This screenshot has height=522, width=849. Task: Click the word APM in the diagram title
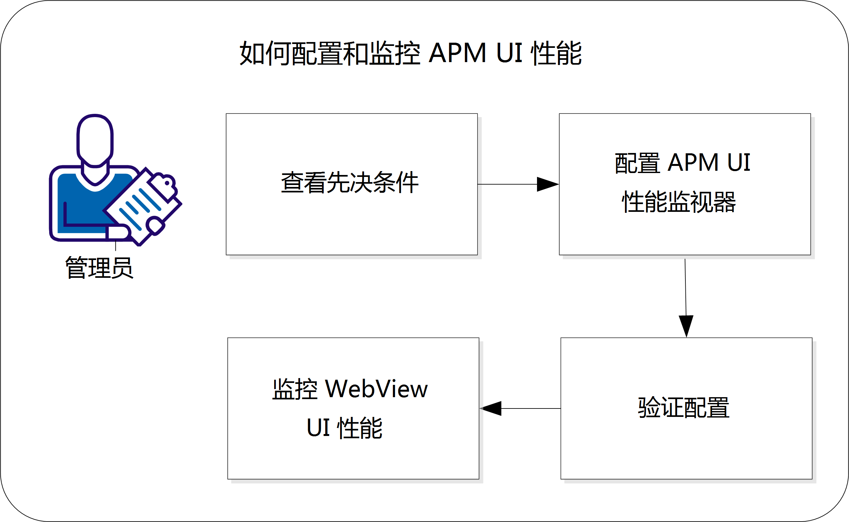tap(457, 53)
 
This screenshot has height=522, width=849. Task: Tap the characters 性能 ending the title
tap(556, 53)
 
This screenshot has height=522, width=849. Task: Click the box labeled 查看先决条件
tap(351, 184)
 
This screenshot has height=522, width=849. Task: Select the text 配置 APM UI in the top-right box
tap(682, 163)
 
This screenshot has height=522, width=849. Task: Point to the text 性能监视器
tap(679, 202)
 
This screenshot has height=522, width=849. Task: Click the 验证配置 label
tap(684, 408)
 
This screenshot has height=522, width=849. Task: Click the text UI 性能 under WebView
tap(344, 428)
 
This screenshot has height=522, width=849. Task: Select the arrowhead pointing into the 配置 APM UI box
tap(548, 184)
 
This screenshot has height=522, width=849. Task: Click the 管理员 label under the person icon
tap(99, 268)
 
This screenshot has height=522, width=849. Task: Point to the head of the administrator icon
tap(95, 140)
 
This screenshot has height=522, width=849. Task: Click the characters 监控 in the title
tap(395, 53)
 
